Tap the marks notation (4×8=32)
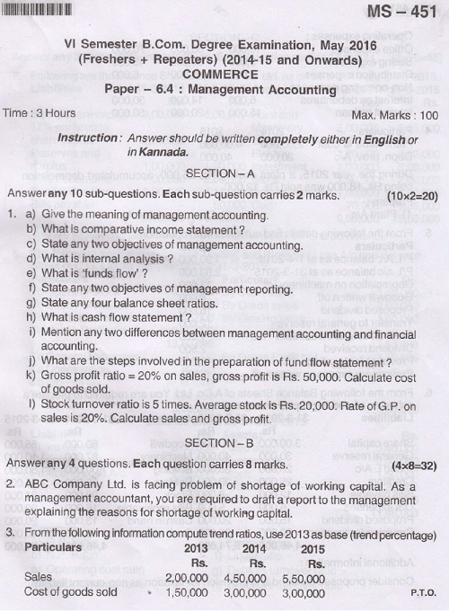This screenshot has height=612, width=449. pos(414,464)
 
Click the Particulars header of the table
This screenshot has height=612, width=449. pos(59,547)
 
